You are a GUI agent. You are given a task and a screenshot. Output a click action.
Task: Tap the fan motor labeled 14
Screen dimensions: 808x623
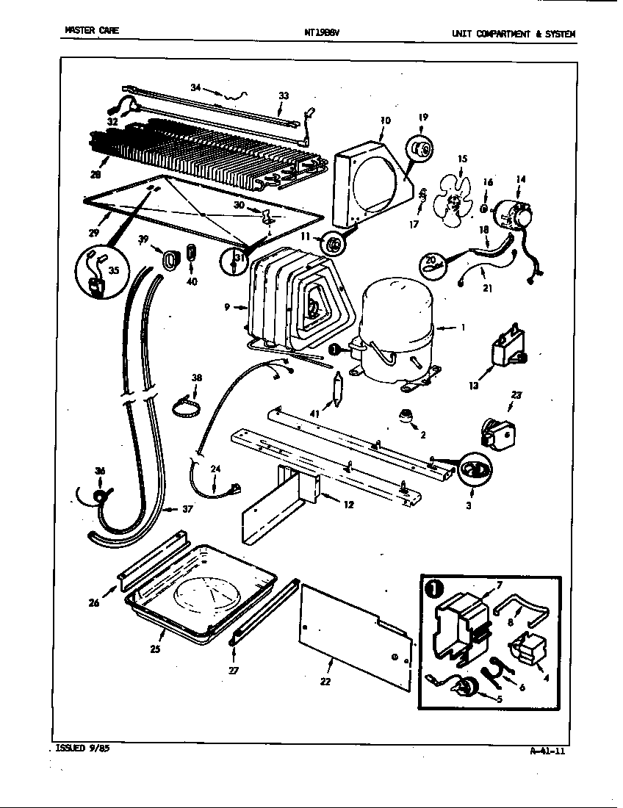click(513, 213)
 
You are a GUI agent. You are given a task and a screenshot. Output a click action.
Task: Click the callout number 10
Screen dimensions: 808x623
click(386, 120)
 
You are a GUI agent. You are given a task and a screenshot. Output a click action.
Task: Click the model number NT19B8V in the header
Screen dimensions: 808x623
click(321, 33)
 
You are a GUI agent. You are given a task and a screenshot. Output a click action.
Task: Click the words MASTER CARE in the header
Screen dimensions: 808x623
click(91, 31)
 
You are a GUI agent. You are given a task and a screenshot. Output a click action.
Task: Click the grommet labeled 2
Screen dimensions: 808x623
click(404, 417)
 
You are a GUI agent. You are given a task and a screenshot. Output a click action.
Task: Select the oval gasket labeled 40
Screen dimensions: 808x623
click(192, 252)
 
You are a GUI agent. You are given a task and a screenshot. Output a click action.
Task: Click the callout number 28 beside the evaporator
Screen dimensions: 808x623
click(96, 173)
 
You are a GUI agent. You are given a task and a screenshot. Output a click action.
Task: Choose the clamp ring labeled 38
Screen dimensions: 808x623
click(187, 405)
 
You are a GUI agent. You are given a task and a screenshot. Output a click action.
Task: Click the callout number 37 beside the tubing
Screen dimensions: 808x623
click(187, 509)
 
